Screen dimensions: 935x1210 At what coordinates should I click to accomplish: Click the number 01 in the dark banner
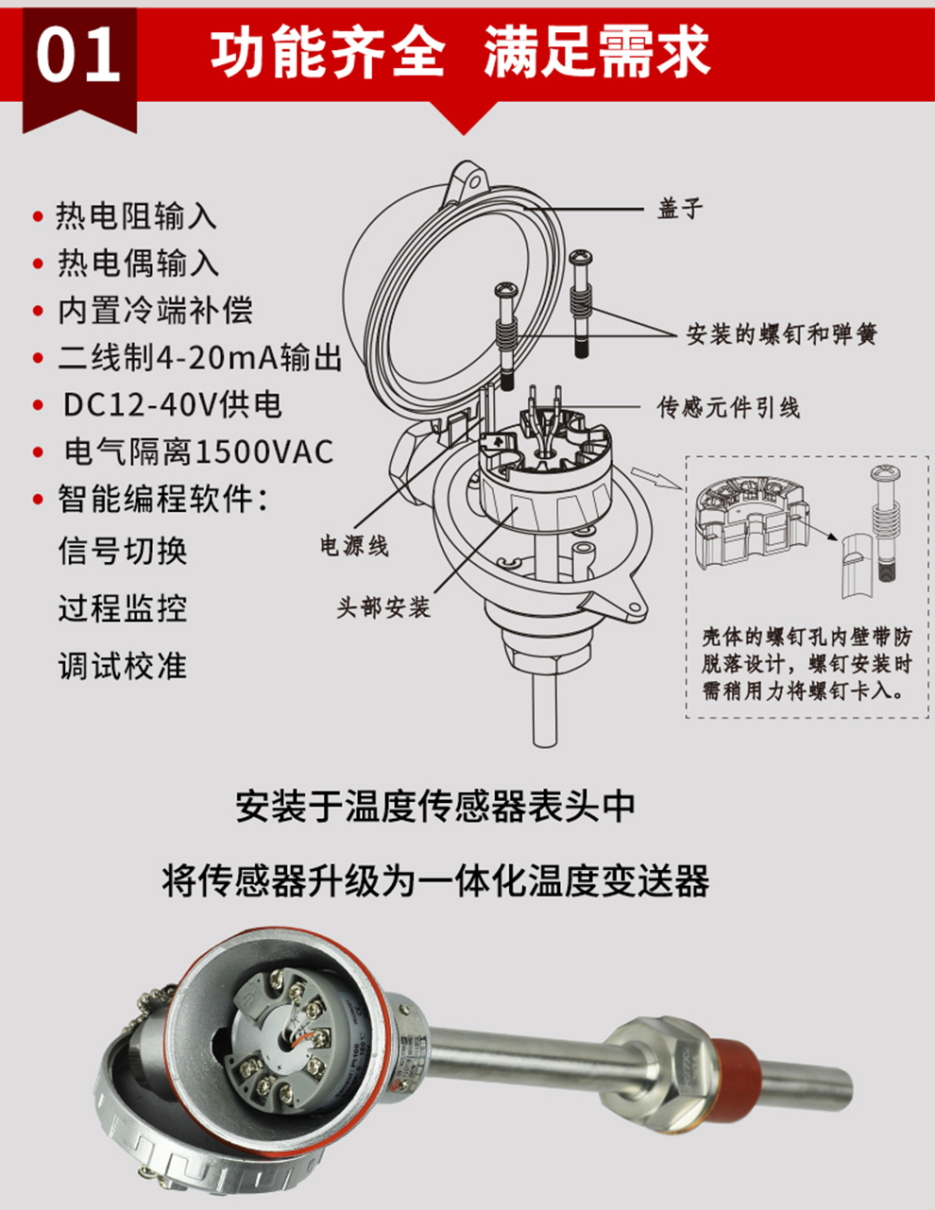point(77,55)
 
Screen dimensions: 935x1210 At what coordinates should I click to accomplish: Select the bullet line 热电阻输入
point(136,216)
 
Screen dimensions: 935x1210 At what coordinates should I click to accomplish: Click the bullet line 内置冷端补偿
point(155,310)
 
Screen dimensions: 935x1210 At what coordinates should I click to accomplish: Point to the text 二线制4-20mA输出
point(200,357)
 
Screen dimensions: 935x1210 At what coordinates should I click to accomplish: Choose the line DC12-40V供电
point(173,405)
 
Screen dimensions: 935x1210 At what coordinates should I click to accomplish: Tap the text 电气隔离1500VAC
point(198,452)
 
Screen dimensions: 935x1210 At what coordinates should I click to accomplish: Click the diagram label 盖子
point(680,209)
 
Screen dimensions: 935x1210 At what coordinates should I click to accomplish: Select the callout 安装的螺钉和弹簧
point(781,334)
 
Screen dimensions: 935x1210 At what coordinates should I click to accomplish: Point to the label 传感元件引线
point(728,408)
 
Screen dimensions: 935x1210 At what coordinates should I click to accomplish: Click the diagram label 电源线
point(354,546)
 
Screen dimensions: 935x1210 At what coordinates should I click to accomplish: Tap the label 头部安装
point(383,607)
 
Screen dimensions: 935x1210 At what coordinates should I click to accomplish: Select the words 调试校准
point(123,665)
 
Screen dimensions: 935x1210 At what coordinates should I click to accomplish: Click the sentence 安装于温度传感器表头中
point(435,807)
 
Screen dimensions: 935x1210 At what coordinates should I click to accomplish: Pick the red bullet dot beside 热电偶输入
point(38,264)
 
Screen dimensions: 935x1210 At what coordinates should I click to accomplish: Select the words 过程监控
point(123,608)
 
